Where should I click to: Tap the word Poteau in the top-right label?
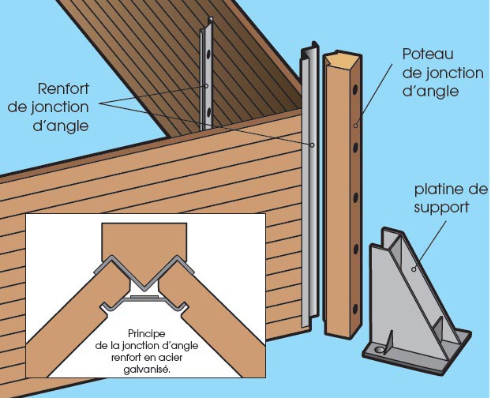[427, 56]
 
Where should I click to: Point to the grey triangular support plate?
[410, 292]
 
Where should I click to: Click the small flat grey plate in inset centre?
[147, 298]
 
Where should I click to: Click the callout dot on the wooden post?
[357, 125]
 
